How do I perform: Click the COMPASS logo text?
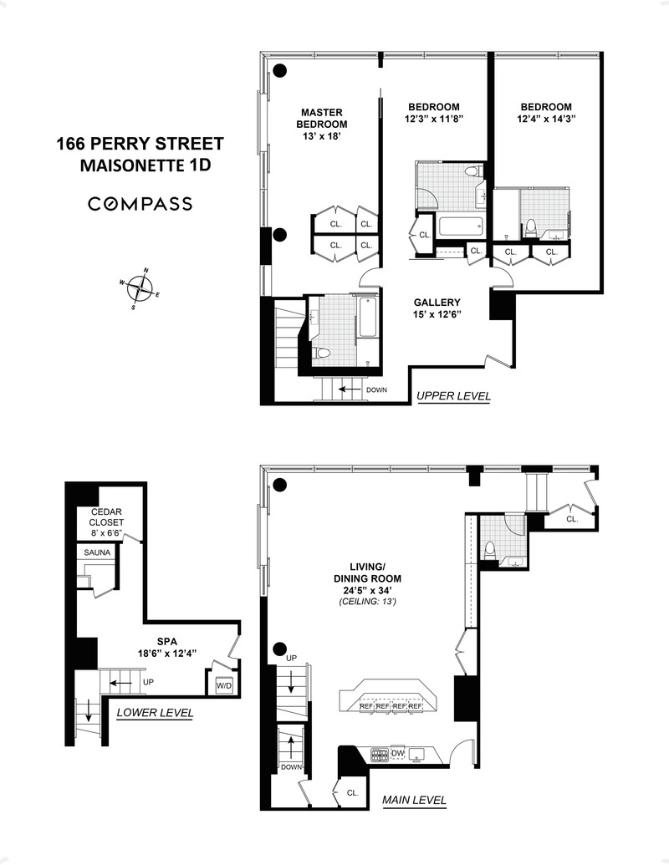(x=140, y=204)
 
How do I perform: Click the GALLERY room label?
(x=437, y=303)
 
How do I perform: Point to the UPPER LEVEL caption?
(x=453, y=395)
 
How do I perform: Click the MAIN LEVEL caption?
(x=414, y=800)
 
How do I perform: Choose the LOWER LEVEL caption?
(x=155, y=713)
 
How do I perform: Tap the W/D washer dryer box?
(x=224, y=686)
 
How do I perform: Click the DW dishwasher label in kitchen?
(x=398, y=753)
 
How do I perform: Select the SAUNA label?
(x=100, y=552)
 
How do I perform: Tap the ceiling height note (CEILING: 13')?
(x=368, y=602)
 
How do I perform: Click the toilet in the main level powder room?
(x=490, y=549)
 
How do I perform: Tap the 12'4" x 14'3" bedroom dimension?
(x=546, y=119)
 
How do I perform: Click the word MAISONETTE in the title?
(x=131, y=165)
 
